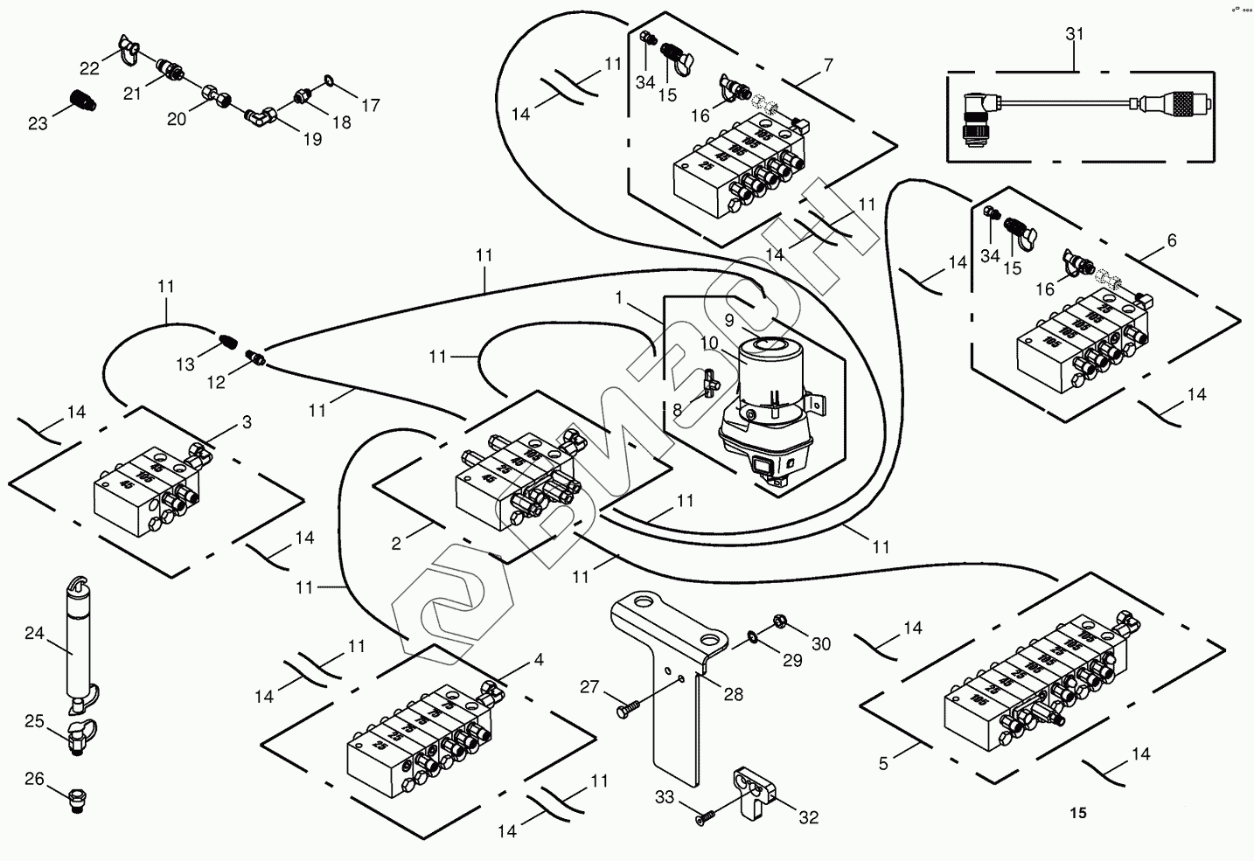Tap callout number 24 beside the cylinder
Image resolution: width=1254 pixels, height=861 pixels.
click(x=34, y=635)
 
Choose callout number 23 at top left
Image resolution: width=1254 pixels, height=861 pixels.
click(x=38, y=124)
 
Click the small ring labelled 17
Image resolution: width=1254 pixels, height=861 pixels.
click(x=326, y=82)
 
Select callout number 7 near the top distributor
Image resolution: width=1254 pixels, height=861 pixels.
click(x=827, y=65)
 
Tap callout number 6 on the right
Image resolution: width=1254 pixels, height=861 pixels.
click(x=1172, y=240)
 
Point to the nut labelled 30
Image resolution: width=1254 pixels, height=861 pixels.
click(x=778, y=622)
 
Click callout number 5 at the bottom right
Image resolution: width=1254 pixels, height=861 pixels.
click(x=883, y=763)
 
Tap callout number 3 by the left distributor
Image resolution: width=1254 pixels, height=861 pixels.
click(x=247, y=423)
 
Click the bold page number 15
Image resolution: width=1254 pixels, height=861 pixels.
click(x=1077, y=814)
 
